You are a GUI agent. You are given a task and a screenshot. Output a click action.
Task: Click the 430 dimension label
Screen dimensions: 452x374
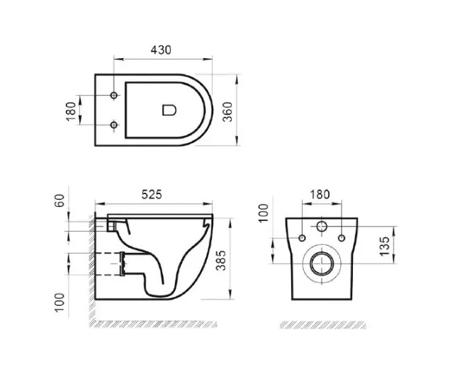161,50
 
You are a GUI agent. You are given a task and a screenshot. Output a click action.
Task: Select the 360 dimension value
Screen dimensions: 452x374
227,112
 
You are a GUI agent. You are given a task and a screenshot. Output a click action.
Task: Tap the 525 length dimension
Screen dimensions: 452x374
152,195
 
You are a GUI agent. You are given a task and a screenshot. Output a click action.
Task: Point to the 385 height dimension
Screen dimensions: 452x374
221,261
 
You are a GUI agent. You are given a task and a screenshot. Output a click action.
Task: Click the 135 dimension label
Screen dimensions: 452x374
384,246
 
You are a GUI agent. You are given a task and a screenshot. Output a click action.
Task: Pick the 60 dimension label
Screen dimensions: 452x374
60,200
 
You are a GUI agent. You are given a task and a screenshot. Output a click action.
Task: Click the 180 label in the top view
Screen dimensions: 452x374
71,111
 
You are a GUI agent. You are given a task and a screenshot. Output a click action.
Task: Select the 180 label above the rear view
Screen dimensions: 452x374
320,195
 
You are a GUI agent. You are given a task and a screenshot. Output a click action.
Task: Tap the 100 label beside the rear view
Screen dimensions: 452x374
264,213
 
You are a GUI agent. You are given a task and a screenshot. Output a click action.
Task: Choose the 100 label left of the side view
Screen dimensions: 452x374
60,302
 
